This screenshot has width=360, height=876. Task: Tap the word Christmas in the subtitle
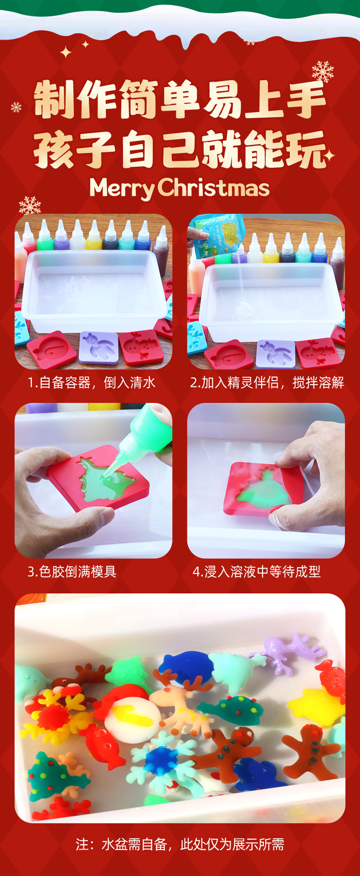(214, 187)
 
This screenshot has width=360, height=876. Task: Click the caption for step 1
(92, 383)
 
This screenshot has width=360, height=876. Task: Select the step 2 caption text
(267, 383)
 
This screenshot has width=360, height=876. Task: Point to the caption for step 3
(72, 572)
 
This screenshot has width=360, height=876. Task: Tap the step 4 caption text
(257, 572)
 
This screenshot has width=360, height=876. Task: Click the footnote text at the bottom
(180, 845)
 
